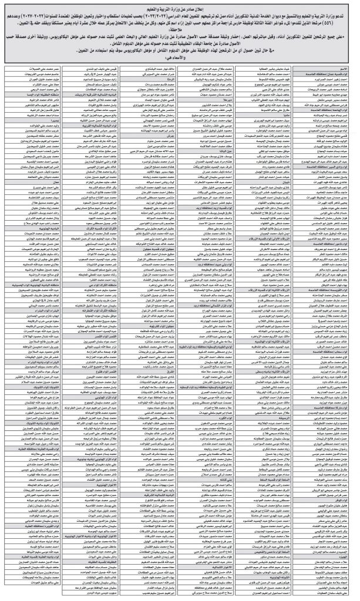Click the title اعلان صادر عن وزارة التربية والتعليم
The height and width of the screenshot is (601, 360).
pos(180,5)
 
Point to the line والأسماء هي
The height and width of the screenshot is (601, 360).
pos(180,58)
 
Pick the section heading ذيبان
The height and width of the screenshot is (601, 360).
pos(282,182)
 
